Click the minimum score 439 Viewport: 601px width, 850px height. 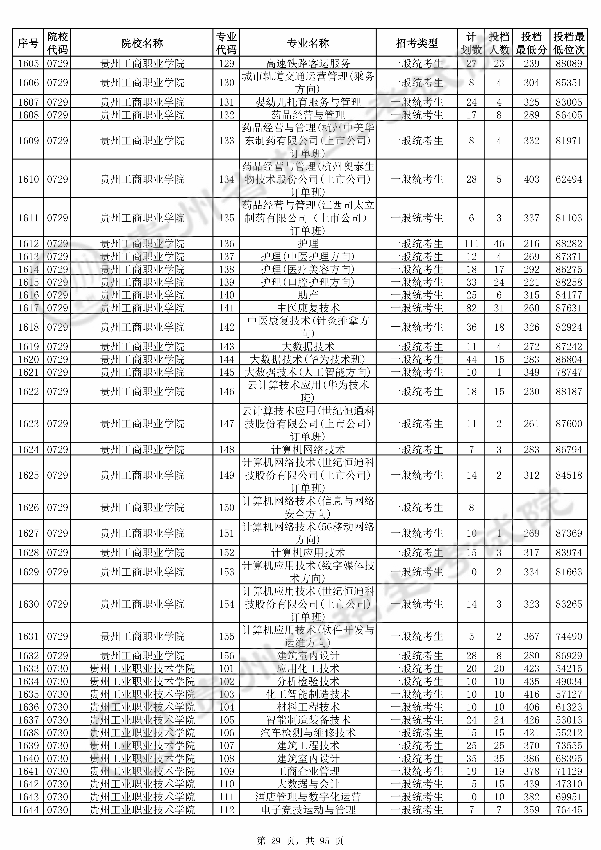(531, 784)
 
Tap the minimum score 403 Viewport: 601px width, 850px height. (531, 179)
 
